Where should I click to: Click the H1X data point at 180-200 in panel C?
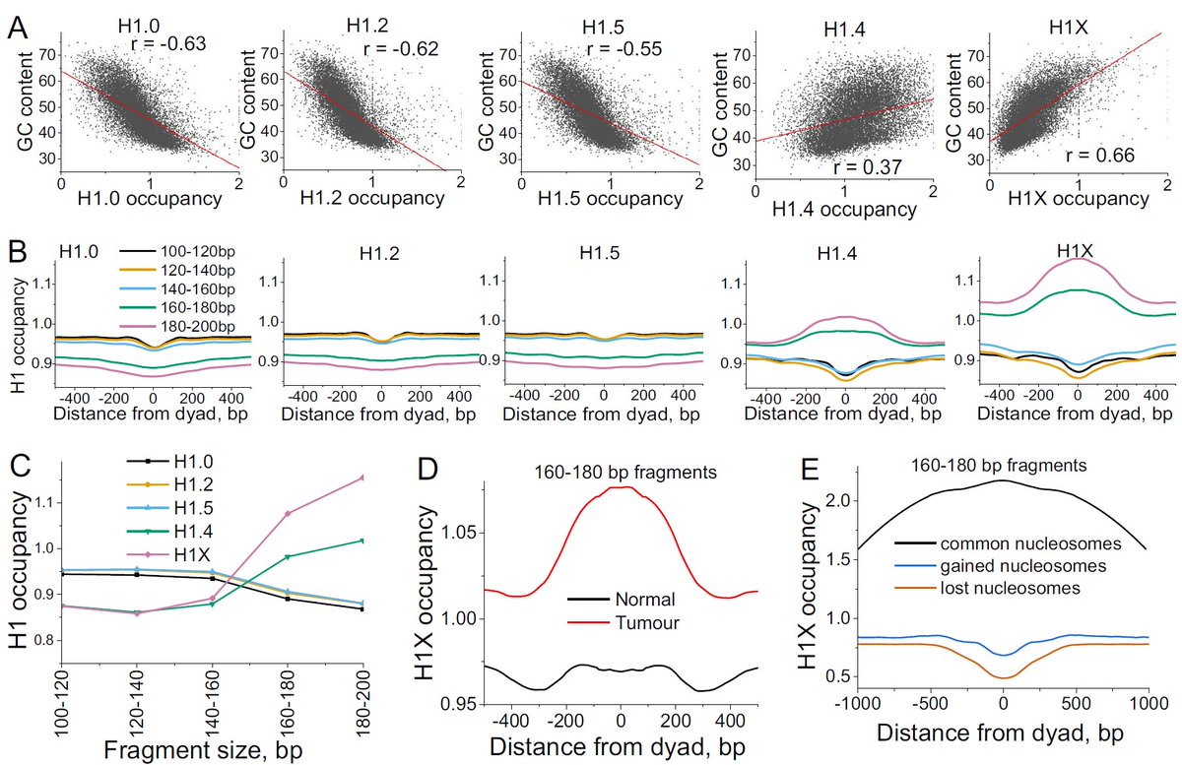coord(363,478)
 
